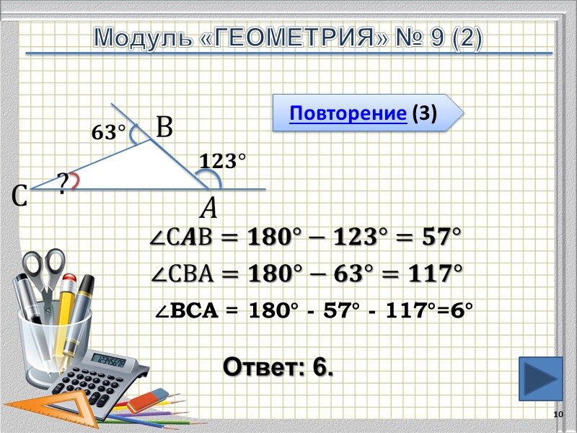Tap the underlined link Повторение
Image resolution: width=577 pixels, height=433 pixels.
348,113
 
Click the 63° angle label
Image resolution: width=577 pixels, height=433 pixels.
108,133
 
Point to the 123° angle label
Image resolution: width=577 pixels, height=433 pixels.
218,162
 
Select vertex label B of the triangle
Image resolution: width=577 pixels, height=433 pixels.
164,128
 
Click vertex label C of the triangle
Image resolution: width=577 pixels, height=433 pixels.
19,195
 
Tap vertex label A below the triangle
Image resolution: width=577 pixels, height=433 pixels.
208,209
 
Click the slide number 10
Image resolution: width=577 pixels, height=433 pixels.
557,414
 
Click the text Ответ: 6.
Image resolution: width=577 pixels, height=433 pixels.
278,367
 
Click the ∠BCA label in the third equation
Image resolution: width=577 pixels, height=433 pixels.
187,312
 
